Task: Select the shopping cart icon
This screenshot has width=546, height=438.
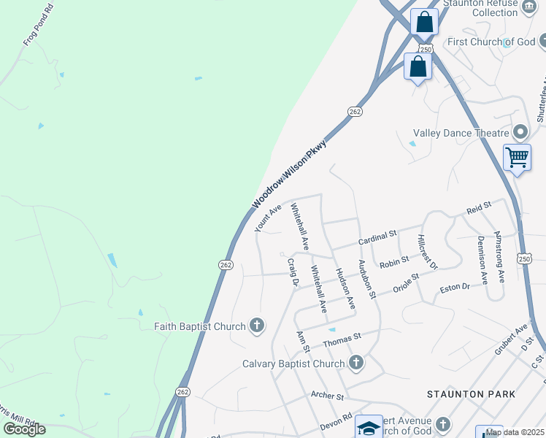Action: point(517,156)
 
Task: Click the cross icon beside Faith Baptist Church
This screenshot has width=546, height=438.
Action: point(256,326)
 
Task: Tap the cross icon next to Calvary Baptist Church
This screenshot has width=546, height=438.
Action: point(355,363)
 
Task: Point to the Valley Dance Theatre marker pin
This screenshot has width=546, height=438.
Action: point(520,133)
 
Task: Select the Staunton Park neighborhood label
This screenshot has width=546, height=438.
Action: point(471,394)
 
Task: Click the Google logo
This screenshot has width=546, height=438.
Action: point(24,429)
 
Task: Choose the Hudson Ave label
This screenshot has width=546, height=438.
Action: point(345,288)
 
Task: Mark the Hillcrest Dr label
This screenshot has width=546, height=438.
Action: point(427,251)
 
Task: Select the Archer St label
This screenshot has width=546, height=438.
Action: point(327,396)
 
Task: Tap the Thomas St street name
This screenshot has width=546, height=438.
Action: point(342,339)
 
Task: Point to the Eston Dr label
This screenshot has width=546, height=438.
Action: point(455,288)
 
